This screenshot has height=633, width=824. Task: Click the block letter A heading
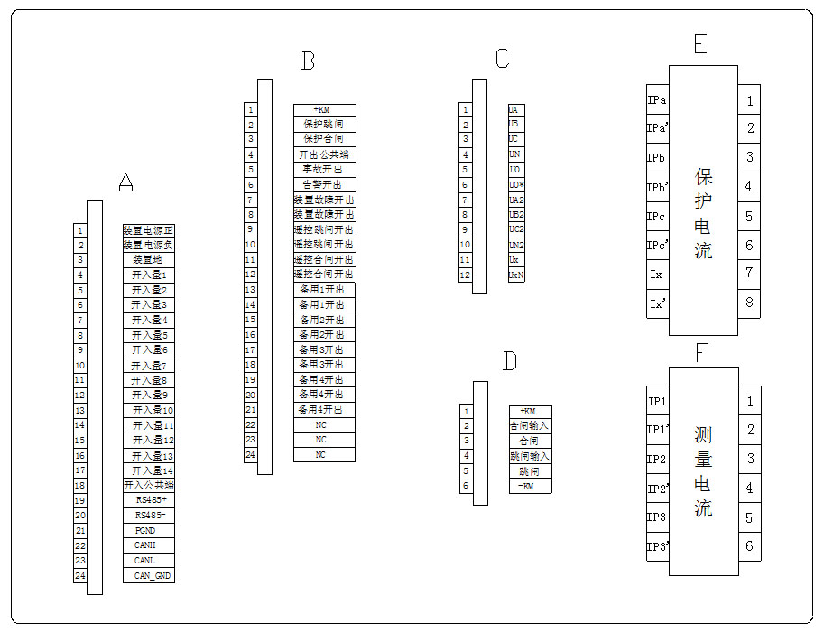126,183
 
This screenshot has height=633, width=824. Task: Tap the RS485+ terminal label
149,500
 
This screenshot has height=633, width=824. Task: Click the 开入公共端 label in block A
149,485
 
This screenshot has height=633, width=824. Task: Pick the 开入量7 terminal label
149,365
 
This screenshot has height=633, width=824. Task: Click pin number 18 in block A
80,485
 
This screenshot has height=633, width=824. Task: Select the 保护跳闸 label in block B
324,125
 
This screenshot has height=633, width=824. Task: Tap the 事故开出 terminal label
324,170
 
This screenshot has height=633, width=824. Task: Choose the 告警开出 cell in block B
324,184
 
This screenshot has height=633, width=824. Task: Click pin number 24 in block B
251,455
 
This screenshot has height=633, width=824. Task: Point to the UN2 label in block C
516,245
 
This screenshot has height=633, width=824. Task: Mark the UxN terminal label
516,275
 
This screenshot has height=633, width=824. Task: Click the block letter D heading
510,362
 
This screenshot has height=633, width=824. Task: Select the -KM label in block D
530,486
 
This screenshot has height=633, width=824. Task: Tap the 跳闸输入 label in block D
530,456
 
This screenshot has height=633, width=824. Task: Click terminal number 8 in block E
749,303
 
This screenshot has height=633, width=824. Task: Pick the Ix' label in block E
657,303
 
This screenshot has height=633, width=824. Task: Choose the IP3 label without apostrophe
657,517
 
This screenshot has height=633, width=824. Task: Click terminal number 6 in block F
749,546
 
